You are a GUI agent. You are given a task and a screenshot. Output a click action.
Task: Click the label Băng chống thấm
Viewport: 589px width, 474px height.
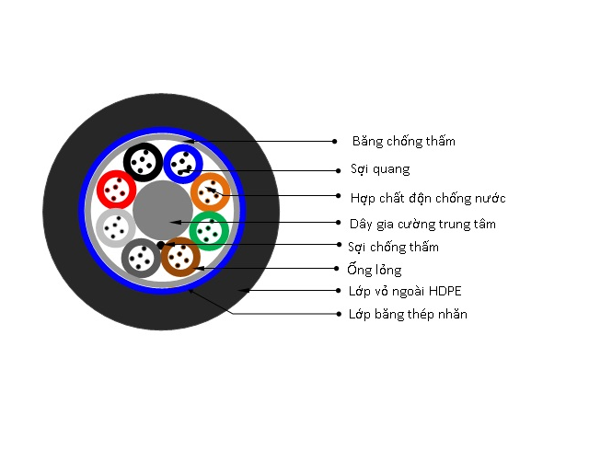[404, 141]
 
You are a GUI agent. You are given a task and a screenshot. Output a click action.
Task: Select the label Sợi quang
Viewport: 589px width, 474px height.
[380, 169]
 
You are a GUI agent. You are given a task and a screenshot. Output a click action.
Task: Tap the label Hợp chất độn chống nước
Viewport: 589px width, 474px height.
[428, 198]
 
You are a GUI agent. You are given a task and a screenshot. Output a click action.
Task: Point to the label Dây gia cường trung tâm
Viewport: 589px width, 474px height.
[422, 225]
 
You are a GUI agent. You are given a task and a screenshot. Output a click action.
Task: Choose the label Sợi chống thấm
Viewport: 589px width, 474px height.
[393, 247]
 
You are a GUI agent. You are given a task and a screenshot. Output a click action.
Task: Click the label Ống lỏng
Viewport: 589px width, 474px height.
[375, 270]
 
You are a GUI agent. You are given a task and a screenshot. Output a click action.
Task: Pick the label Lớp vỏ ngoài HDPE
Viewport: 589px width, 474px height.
[405, 291]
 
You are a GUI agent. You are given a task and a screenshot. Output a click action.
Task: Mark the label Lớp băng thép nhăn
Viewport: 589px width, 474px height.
[408, 314]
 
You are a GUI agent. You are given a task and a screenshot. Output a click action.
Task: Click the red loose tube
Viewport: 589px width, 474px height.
[117, 190]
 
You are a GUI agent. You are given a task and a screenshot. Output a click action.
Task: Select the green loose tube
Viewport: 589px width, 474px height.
[209, 231]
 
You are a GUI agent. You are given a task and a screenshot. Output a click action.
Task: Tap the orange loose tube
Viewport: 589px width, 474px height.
[211, 192]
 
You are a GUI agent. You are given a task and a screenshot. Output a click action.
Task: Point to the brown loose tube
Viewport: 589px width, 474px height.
[180, 257]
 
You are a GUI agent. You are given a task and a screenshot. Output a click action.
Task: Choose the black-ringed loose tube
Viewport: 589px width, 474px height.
[144, 162]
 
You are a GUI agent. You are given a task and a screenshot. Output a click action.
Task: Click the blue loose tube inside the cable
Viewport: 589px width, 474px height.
[183, 164]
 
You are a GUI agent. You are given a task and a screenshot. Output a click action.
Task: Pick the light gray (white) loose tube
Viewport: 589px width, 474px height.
[116, 228]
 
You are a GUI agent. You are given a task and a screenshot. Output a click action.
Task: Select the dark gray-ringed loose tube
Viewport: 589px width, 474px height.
[141, 258]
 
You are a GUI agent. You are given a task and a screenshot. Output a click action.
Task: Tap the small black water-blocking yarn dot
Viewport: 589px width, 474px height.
[160, 245]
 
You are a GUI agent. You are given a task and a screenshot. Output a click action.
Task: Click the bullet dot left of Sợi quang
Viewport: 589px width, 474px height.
[338, 170]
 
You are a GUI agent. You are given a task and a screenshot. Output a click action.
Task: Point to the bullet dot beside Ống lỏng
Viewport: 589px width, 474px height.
[337, 268]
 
